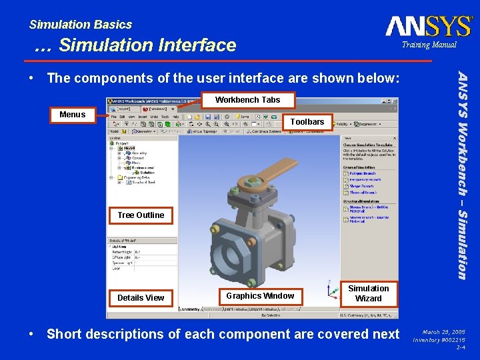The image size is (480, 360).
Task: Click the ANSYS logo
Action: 428,26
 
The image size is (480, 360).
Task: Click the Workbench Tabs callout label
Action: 247,100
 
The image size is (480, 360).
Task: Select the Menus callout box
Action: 73,115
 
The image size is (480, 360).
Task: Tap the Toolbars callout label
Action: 307,122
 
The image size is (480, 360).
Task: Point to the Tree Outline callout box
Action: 140,215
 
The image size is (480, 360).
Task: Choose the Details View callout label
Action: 140,297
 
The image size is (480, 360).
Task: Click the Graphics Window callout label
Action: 259,296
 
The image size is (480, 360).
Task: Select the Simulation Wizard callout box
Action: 368,293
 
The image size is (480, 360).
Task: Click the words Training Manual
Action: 429,45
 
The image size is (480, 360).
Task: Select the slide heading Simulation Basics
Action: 81,25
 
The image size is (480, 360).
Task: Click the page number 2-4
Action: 460,347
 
